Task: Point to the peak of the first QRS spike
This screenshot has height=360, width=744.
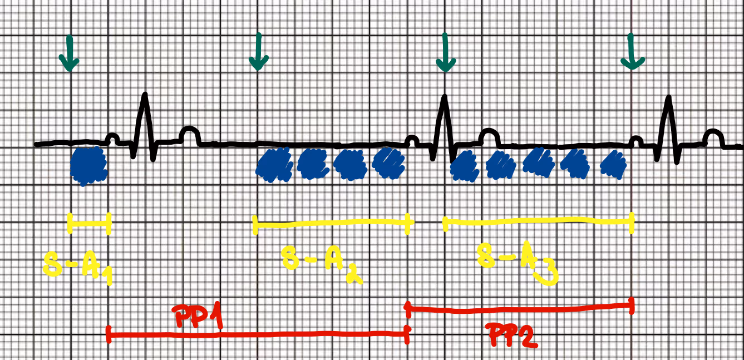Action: [x=145, y=96]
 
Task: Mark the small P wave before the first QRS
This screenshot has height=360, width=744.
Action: [x=112, y=136]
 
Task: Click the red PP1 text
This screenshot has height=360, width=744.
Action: [x=198, y=315]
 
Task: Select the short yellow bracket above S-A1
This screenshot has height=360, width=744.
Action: [x=89, y=224]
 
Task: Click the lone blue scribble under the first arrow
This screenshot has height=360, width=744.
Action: [x=89, y=165]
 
